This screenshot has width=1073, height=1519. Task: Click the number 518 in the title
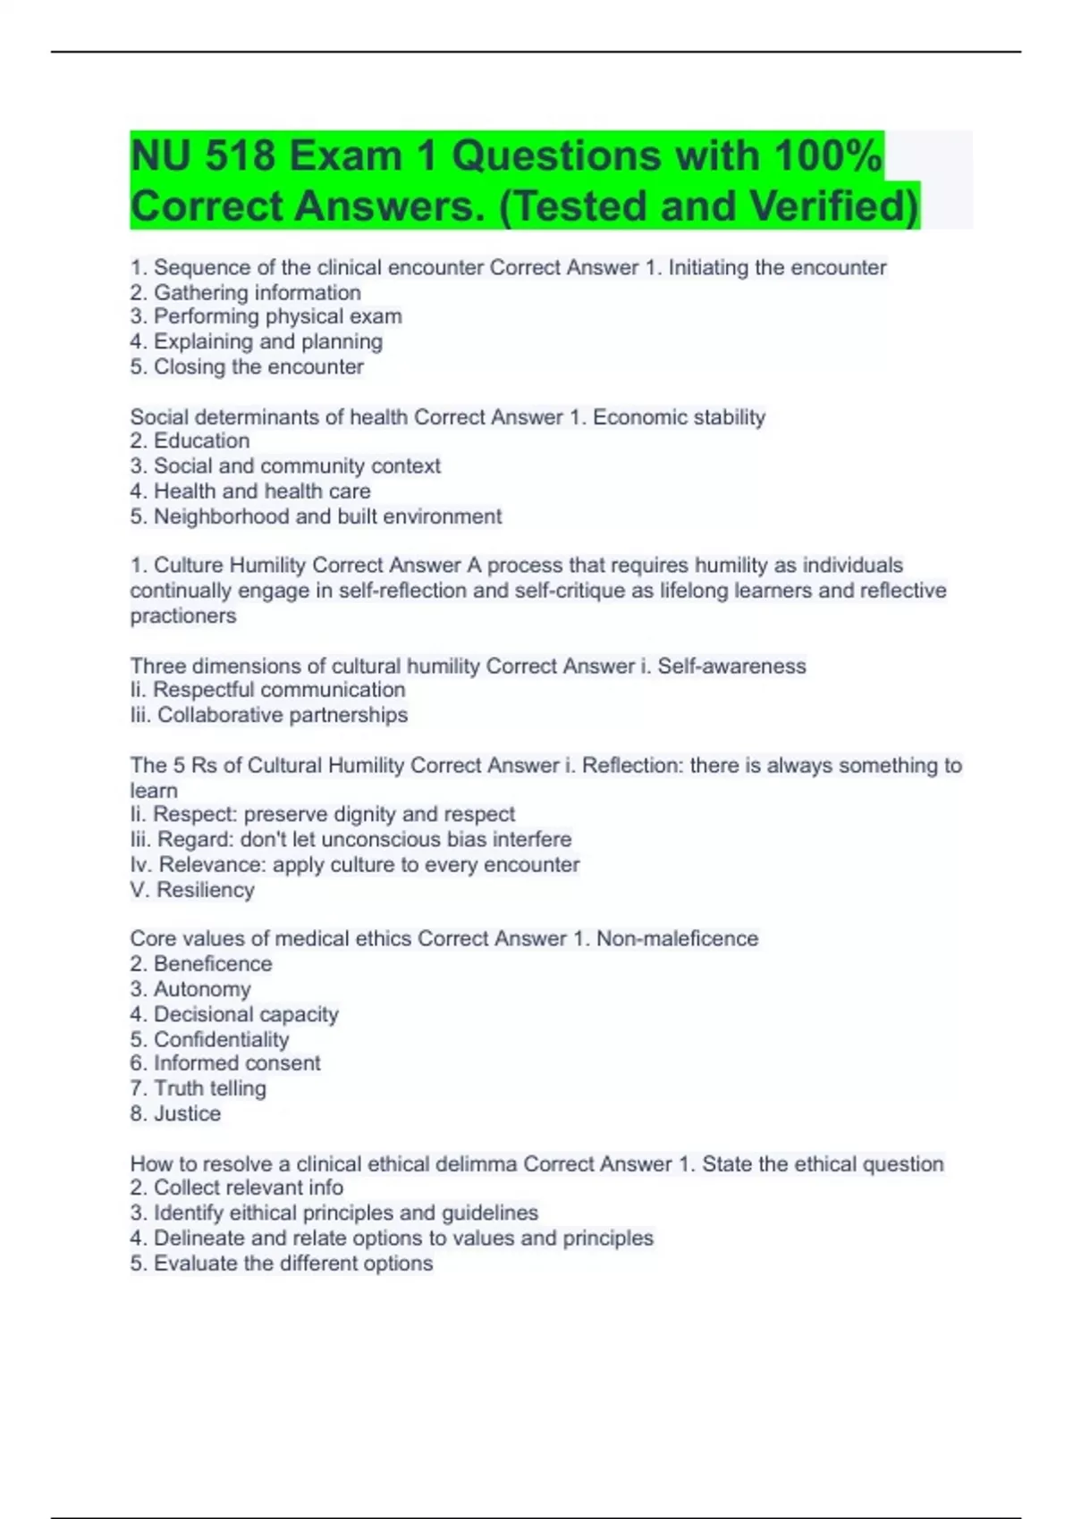(241, 156)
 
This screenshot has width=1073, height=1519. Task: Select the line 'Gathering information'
(246, 292)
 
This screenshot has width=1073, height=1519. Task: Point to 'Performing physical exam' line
(266, 316)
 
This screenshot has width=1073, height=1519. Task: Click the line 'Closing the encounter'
(247, 366)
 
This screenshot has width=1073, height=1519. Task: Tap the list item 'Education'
(190, 441)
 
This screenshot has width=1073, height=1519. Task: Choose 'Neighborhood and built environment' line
(316, 516)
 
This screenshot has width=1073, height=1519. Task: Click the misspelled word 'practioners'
(183, 616)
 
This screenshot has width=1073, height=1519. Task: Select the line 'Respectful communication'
(267, 690)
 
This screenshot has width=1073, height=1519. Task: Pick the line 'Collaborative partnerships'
(269, 715)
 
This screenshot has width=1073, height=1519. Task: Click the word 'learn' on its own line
(154, 791)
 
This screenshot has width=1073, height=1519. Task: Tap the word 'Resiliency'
(205, 890)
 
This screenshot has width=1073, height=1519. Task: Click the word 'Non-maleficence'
(677, 938)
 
